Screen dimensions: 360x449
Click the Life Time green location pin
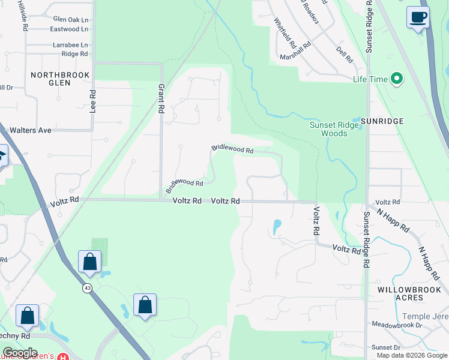396,79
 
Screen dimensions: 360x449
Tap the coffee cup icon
418,17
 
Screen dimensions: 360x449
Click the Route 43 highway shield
88,287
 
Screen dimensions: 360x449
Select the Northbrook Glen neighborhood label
60,79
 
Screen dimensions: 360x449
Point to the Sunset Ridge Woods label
337,129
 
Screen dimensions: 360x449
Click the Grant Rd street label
161,99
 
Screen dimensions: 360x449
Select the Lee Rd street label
92,102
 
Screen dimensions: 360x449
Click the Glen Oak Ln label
70,19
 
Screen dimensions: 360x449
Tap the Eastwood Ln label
69,29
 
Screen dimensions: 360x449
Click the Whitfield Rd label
285,33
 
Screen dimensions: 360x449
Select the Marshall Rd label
295,52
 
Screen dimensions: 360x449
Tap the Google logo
19,353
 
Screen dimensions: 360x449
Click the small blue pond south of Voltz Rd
277,227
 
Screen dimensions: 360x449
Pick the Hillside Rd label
23,16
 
